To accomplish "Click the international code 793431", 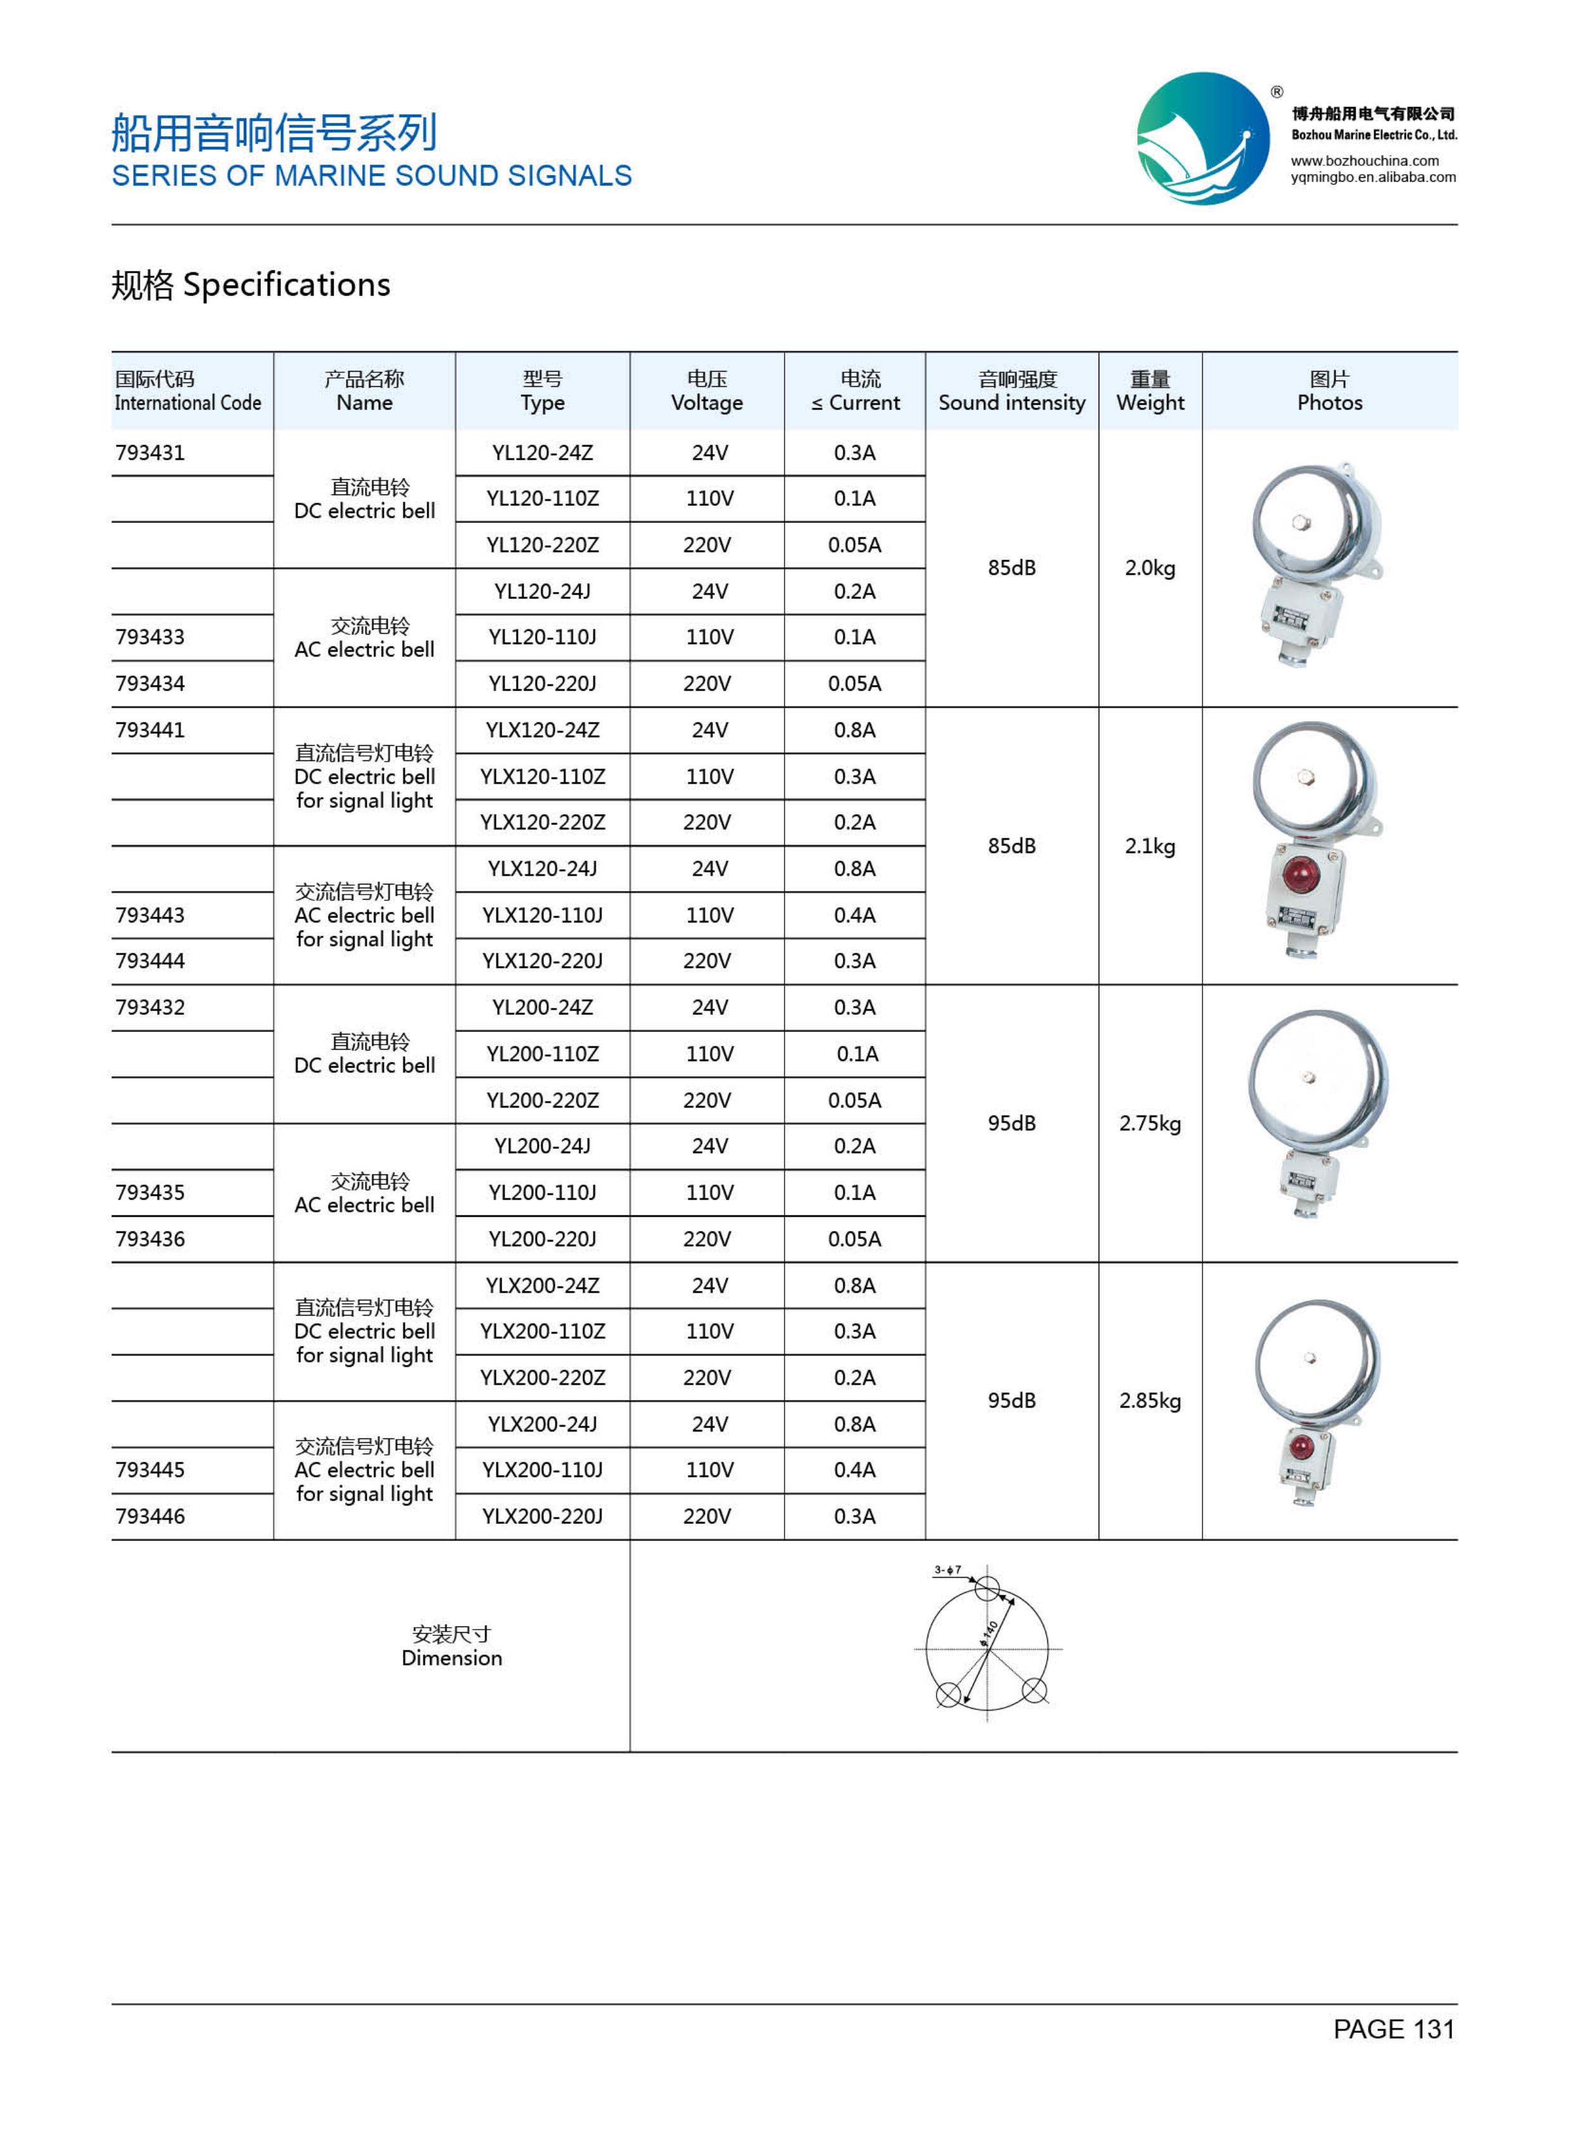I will (x=150, y=453).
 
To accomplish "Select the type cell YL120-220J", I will (x=542, y=684).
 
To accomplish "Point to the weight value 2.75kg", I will (x=1150, y=1123).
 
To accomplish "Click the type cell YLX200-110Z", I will (x=542, y=1331).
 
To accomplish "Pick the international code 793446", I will (x=150, y=1517).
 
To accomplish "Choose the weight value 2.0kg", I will (x=1150, y=568).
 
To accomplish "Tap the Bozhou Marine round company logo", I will (x=1203, y=139).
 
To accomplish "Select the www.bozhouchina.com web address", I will (x=1365, y=161).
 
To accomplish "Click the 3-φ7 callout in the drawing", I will (x=947, y=1570).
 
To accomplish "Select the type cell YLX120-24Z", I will (x=542, y=731).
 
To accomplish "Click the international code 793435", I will (x=150, y=1193).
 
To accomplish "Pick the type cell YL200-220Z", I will (x=542, y=1100).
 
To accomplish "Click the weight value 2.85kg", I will (x=1150, y=1400).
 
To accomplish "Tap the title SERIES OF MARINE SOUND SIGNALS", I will (x=372, y=176).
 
